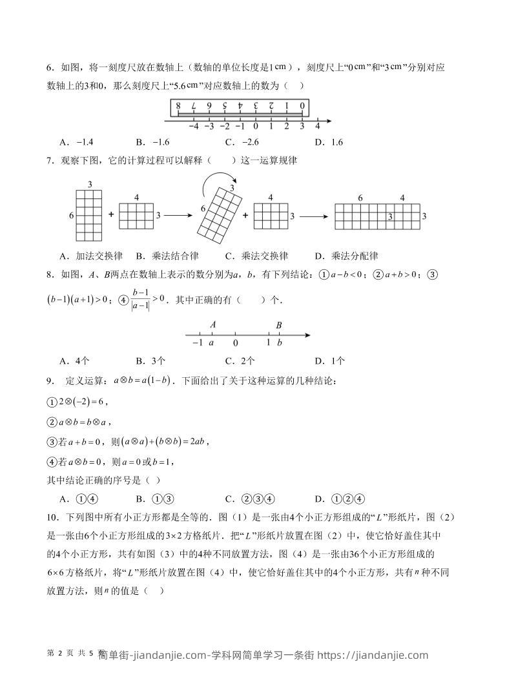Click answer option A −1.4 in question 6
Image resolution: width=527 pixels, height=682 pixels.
tap(76, 142)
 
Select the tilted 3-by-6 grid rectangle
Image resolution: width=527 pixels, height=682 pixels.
tap(222, 211)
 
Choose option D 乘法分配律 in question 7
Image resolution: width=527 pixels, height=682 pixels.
tap(346, 255)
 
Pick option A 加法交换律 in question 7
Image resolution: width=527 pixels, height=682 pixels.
tap(90, 255)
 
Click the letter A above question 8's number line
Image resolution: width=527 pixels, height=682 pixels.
tap(212, 325)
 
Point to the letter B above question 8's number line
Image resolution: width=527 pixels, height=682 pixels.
tap(279, 325)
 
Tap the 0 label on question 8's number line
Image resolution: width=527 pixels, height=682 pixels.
tap(235, 344)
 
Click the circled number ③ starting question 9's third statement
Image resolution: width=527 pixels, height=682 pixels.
tap(52, 442)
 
